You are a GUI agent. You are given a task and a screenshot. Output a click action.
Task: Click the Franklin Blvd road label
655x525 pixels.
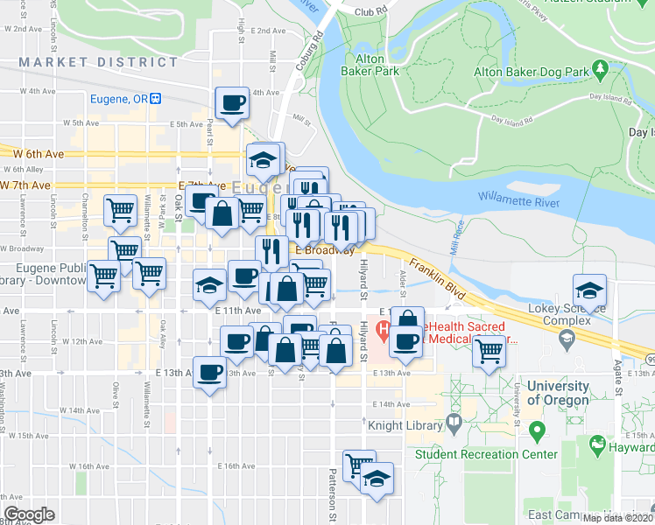pyautogui.click(x=443, y=275)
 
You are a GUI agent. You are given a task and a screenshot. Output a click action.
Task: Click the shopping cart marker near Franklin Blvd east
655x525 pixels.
pyautogui.click(x=489, y=352)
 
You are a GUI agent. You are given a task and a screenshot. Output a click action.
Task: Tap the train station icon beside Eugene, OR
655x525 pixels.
pyautogui.click(x=157, y=99)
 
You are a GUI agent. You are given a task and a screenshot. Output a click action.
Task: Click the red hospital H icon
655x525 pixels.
pyautogui.click(x=383, y=331)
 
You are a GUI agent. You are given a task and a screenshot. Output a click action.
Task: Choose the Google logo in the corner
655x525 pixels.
pyautogui.click(x=29, y=514)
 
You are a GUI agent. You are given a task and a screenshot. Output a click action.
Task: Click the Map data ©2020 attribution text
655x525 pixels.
pyautogui.click(x=617, y=518)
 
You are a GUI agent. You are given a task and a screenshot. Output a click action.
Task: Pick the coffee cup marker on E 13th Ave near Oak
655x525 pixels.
pyautogui.click(x=208, y=373)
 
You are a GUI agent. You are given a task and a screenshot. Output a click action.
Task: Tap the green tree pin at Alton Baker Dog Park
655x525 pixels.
pyautogui.click(x=601, y=67)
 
